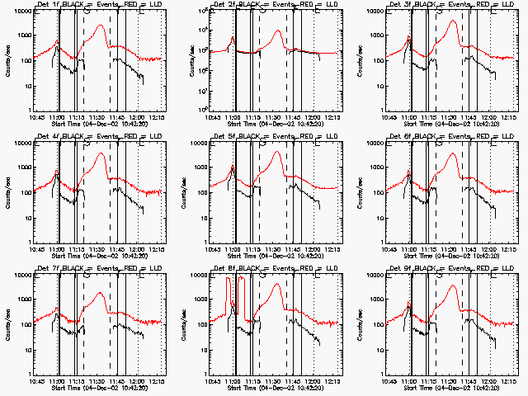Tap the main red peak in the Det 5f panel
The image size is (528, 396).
(276, 152)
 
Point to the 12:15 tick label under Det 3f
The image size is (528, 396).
(509, 117)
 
